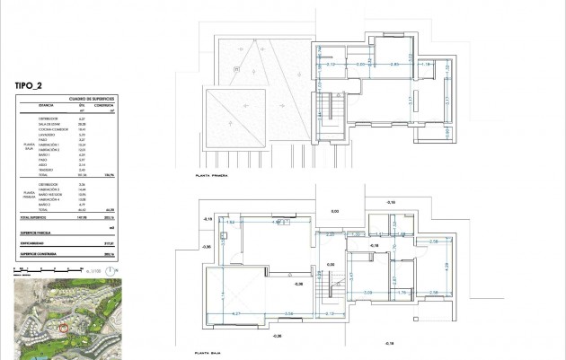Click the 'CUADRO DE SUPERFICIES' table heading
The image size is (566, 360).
tap(93, 99)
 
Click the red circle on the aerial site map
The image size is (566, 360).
tap(62, 329)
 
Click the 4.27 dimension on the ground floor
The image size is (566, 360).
tap(236, 312)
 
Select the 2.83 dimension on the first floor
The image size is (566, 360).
tap(394, 65)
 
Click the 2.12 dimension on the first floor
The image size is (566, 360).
tap(330, 65)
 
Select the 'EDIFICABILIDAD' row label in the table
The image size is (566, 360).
tap(37, 241)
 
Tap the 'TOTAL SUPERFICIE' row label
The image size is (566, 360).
tap(35, 217)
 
